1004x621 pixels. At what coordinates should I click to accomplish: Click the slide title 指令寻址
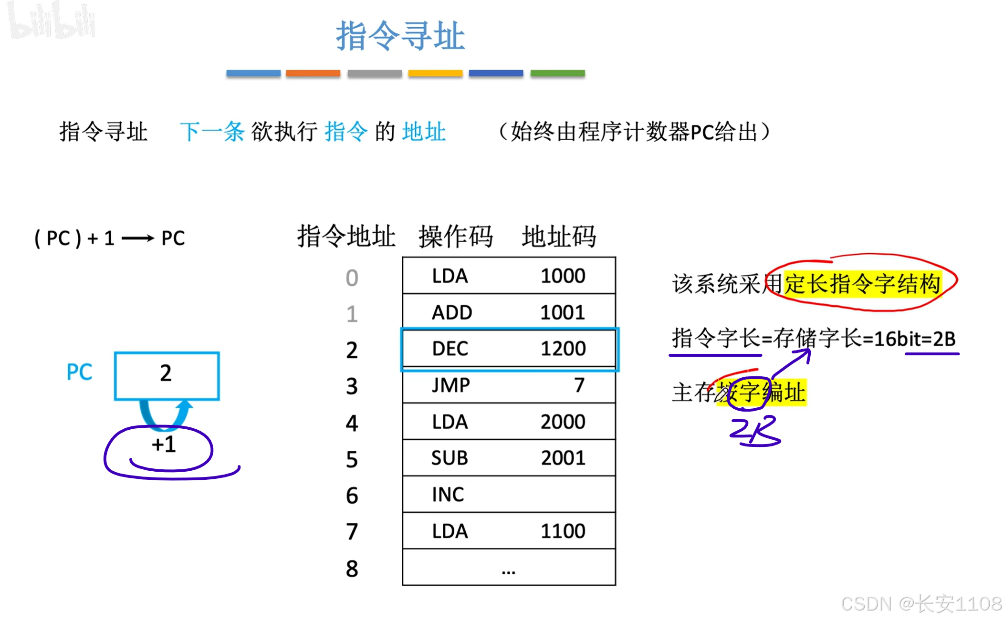point(400,36)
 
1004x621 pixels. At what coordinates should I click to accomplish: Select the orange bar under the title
point(313,73)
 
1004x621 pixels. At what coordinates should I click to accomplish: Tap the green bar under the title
point(557,73)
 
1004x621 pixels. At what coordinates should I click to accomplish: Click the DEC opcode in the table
point(450,349)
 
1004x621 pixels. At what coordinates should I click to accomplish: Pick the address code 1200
point(563,349)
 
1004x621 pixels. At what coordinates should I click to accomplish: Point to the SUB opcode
point(450,458)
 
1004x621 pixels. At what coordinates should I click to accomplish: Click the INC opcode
point(448,495)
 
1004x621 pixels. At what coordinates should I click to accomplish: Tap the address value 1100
point(563,531)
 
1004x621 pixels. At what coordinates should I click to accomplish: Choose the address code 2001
point(563,458)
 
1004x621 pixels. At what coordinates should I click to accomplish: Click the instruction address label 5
point(352,459)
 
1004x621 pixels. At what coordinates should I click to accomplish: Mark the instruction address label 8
point(352,569)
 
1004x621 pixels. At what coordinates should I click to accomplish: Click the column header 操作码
point(455,237)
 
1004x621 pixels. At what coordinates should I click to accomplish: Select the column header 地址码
point(558,237)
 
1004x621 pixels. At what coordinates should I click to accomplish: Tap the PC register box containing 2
point(167,375)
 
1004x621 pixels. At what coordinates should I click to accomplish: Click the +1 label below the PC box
point(164,445)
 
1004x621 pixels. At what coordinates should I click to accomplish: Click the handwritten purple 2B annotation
point(754,431)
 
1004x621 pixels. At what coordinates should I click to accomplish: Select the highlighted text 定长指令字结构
point(862,284)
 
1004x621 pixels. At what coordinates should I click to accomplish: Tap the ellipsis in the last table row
point(509,570)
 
